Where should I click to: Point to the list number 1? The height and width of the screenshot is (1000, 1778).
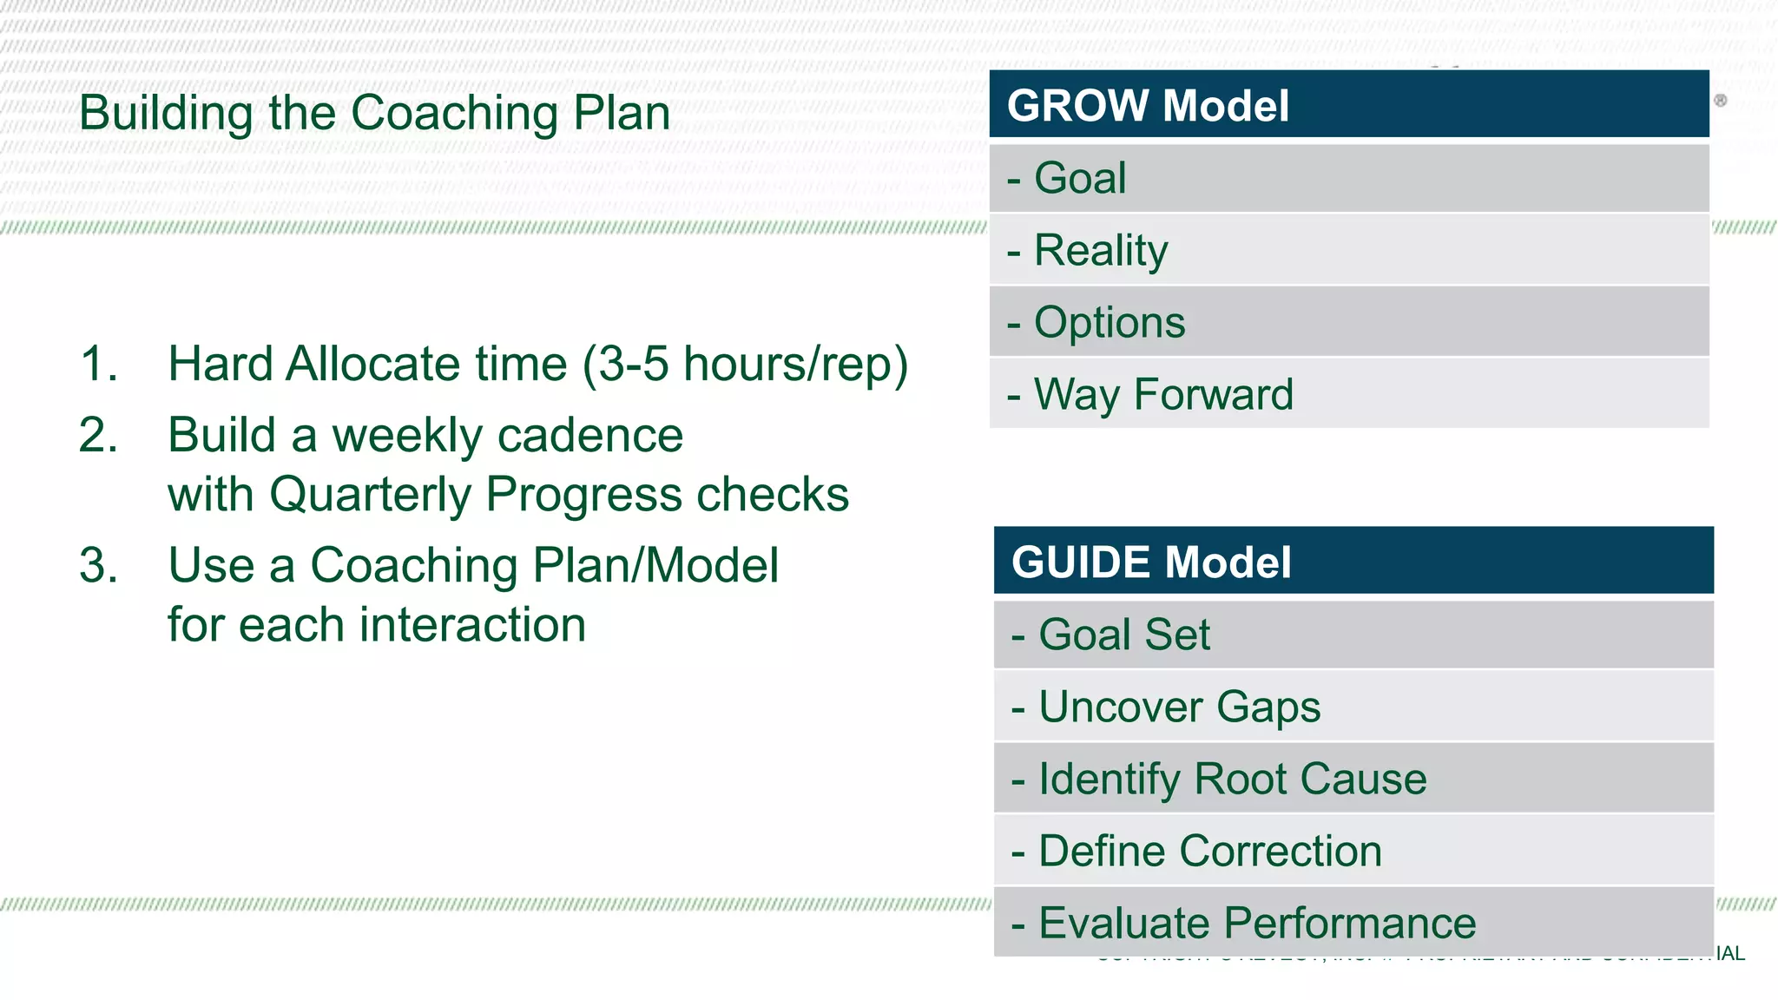[98, 364]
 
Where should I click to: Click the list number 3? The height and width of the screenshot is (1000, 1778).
[98, 566]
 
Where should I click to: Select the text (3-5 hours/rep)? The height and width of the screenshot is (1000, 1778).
[745, 365]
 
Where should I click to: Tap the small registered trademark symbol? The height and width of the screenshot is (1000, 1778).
[1720, 101]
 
